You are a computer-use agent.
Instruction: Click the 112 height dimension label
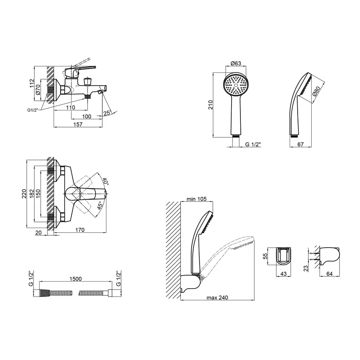point(32,83)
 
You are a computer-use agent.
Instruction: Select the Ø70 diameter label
point(38,90)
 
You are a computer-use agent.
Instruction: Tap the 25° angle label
point(108,113)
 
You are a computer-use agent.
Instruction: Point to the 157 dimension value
point(78,124)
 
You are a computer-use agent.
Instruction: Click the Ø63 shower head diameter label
point(236,63)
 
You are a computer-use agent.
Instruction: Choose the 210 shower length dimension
point(210,105)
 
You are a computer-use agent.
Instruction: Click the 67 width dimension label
point(300,144)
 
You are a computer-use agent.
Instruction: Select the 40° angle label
point(105,181)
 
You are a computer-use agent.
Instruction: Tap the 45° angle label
point(100,206)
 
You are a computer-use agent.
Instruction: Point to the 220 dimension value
point(24,194)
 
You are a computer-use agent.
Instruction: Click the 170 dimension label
point(80,230)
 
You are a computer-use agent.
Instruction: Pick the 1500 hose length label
point(76,279)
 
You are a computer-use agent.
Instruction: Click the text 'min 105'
point(196,199)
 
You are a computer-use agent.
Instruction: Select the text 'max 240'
point(217,298)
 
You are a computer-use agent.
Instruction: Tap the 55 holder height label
point(265,256)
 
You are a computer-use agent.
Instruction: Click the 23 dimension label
point(306,268)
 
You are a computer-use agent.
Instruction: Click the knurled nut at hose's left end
point(44,293)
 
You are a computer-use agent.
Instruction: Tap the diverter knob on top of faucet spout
point(88,82)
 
